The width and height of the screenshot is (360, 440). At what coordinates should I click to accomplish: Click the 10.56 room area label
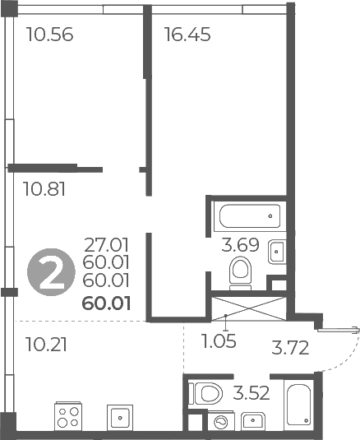(x=49, y=35)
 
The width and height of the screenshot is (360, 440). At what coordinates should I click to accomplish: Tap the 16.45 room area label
(x=187, y=35)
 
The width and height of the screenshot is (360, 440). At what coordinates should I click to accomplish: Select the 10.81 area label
(x=45, y=189)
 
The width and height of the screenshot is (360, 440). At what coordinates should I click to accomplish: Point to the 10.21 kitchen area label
(x=46, y=345)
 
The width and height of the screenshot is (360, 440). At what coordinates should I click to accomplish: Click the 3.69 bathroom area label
(x=240, y=245)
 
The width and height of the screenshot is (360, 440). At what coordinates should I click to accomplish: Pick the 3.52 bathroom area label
(x=252, y=393)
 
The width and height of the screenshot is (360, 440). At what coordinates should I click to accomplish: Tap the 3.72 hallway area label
(x=290, y=347)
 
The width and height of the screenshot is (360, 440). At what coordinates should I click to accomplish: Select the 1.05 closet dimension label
(x=219, y=341)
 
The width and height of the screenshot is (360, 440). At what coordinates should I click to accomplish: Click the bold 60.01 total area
(x=107, y=303)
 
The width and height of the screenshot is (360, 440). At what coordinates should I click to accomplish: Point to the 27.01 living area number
(x=107, y=245)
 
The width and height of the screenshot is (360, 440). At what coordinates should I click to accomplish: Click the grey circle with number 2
(x=51, y=272)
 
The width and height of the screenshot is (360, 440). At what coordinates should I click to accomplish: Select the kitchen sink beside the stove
(x=120, y=418)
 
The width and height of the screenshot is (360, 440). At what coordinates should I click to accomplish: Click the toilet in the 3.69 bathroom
(x=240, y=273)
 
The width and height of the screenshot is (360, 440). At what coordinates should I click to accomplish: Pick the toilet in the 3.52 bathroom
(x=205, y=393)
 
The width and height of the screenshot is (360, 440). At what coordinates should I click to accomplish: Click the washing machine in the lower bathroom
(x=221, y=420)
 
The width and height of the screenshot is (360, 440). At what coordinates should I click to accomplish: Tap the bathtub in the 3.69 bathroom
(x=250, y=216)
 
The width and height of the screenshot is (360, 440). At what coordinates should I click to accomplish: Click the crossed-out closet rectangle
(x=248, y=308)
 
